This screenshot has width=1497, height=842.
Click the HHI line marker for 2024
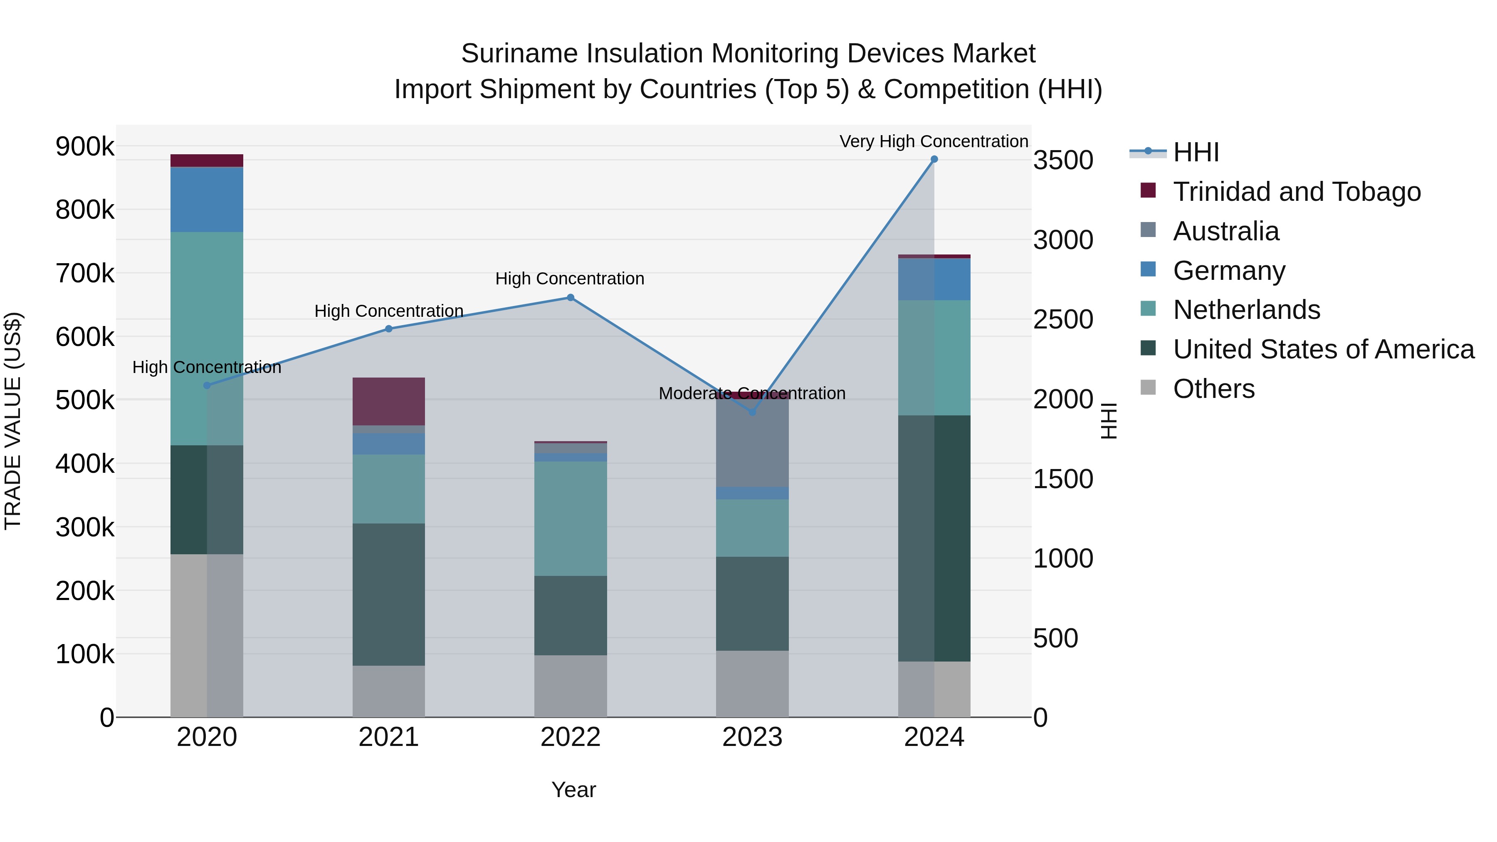(934, 159)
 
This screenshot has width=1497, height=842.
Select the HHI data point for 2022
(570, 298)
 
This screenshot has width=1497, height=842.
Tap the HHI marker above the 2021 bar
(389, 329)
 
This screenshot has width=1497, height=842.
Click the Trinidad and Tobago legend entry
(1297, 192)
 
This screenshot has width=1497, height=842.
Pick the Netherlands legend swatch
(1148, 309)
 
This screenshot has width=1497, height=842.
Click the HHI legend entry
(1196, 152)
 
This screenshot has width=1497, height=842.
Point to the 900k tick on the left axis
(85, 146)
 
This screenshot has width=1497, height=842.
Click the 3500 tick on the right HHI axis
(1063, 160)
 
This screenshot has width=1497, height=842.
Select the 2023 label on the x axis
(752, 737)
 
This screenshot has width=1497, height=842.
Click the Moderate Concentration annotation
(751, 393)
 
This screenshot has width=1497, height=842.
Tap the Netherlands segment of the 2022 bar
(570, 519)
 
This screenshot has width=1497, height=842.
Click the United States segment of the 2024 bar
(934, 538)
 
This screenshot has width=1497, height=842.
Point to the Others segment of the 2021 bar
(389, 691)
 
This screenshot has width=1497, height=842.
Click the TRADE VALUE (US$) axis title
(13, 421)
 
